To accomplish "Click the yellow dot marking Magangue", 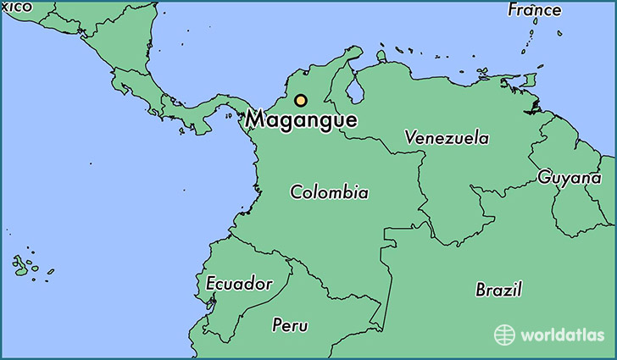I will pyautogui.click(x=300, y=100).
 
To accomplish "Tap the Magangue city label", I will pyautogui.click(x=301, y=120).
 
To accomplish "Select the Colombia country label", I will pyautogui.click(x=329, y=192).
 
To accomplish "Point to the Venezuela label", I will pyautogui.click(x=447, y=136).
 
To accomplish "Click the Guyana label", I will pyautogui.click(x=564, y=177).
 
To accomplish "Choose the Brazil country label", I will pyautogui.click(x=498, y=290).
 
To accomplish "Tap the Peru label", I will pyautogui.click(x=290, y=325).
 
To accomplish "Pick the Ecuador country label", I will pyautogui.click(x=239, y=283).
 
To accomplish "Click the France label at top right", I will pyautogui.click(x=534, y=10).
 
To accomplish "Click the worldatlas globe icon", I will pyautogui.click(x=505, y=335).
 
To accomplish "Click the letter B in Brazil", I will pyautogui.click(x=481, y=290).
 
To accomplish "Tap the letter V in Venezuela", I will pyautogui.click(x=410, y=136).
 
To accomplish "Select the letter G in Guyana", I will pyautogui.click(x=543, y=177).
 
